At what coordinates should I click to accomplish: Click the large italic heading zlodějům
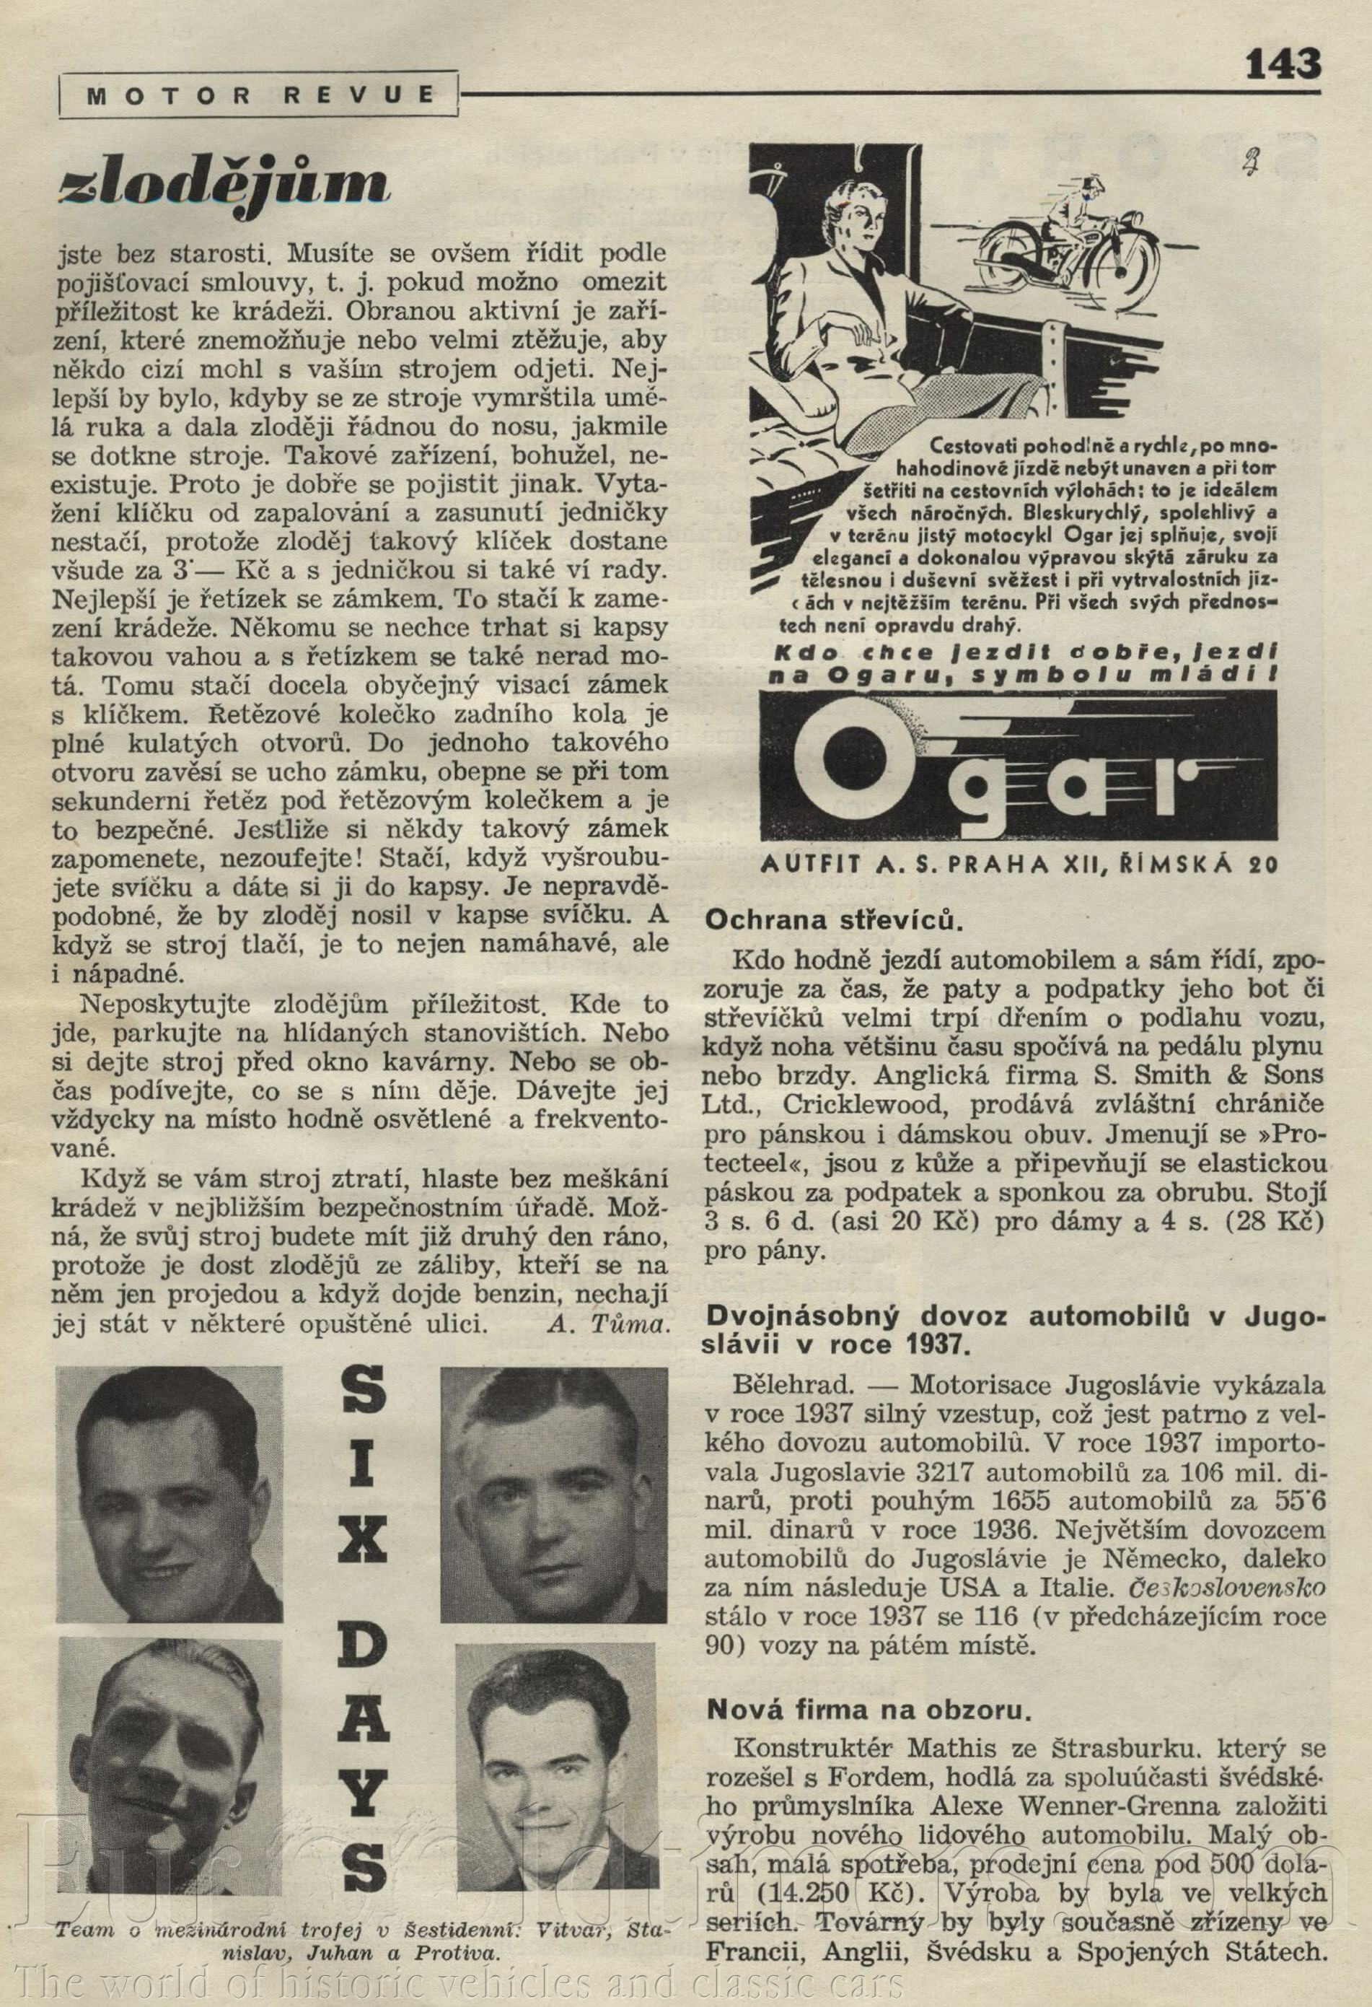222,181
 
